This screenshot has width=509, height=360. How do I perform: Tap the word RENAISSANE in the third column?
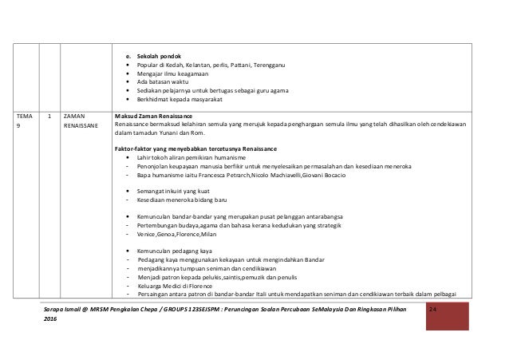click(81, 126)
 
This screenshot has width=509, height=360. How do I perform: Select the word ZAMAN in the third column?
click(77, 117)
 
